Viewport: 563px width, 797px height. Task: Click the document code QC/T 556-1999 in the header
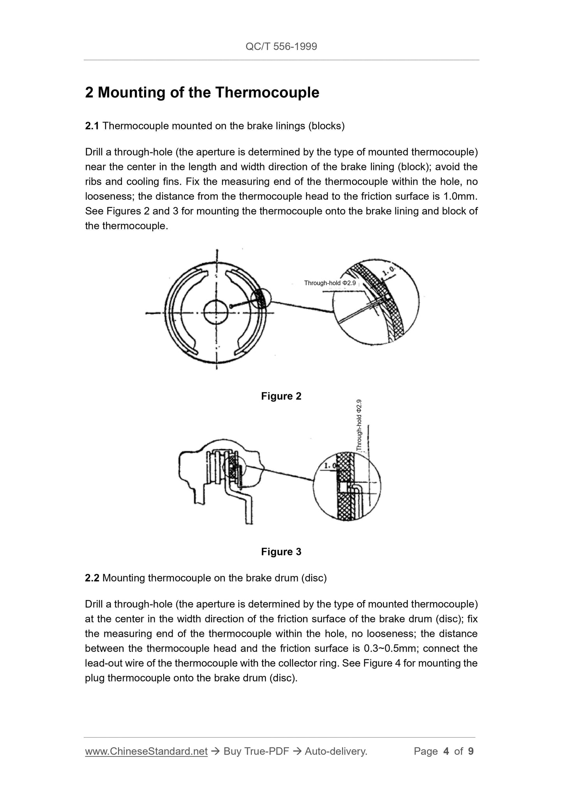(281, 47)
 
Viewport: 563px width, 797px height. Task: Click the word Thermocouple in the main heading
(266, 93)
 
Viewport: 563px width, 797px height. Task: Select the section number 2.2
(92, 578)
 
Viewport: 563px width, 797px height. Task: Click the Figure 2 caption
(281, 396)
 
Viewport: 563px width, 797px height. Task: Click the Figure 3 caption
(281, 552)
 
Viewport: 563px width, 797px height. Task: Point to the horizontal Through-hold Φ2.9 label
(330, 283)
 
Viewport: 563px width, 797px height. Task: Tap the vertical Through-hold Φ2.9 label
(359, 425)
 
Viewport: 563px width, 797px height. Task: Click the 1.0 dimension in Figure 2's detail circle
(389, 270)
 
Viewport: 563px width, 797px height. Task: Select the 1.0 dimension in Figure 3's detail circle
(330, 466)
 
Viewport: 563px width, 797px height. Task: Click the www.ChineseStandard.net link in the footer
(146, 751)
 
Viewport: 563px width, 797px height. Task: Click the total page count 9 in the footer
(471, 751)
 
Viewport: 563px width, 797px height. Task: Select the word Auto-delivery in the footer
(336, 751)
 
